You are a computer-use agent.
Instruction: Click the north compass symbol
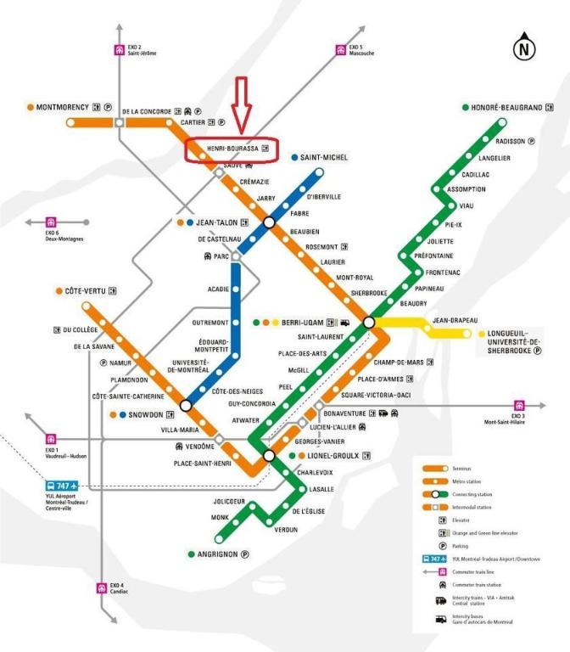click(x=524, y=48)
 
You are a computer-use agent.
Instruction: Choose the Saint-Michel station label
click(x=324, y=157)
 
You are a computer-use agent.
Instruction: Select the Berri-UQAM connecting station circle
click(x=369, y=323)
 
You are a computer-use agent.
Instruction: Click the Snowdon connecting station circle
click(x=186, y=405)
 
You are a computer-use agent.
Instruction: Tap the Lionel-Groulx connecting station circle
click(x=269, y=456)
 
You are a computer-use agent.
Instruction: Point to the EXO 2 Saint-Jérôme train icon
click(x=120, y=48)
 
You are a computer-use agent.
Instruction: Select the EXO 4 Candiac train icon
click(x=103, y=587)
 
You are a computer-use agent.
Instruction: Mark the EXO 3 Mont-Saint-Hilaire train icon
click(x=518, y=406)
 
